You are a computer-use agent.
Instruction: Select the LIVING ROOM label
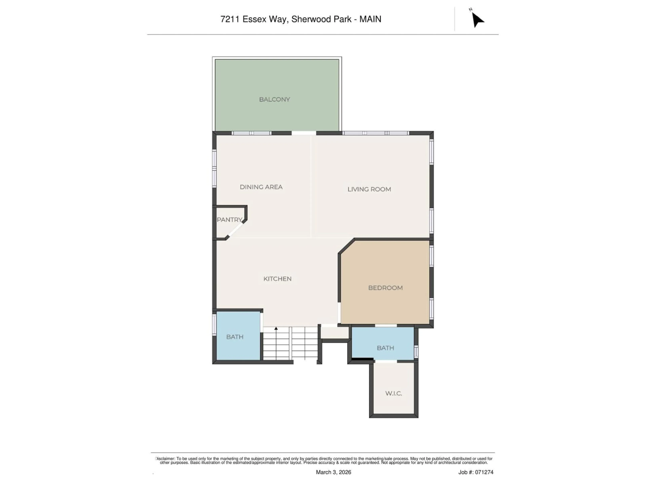[369, 189]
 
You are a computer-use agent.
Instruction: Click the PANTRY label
[229, 220]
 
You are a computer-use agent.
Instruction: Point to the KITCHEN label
[277, 279]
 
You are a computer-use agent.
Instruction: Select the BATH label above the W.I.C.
[385, 348]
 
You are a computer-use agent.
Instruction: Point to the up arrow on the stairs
[276, 329]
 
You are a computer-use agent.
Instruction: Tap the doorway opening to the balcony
[304, 133]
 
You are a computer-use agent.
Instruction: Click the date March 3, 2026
[333, 472]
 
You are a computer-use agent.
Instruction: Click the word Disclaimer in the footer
[165, 459]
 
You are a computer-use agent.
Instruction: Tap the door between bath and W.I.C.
[386, 361]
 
